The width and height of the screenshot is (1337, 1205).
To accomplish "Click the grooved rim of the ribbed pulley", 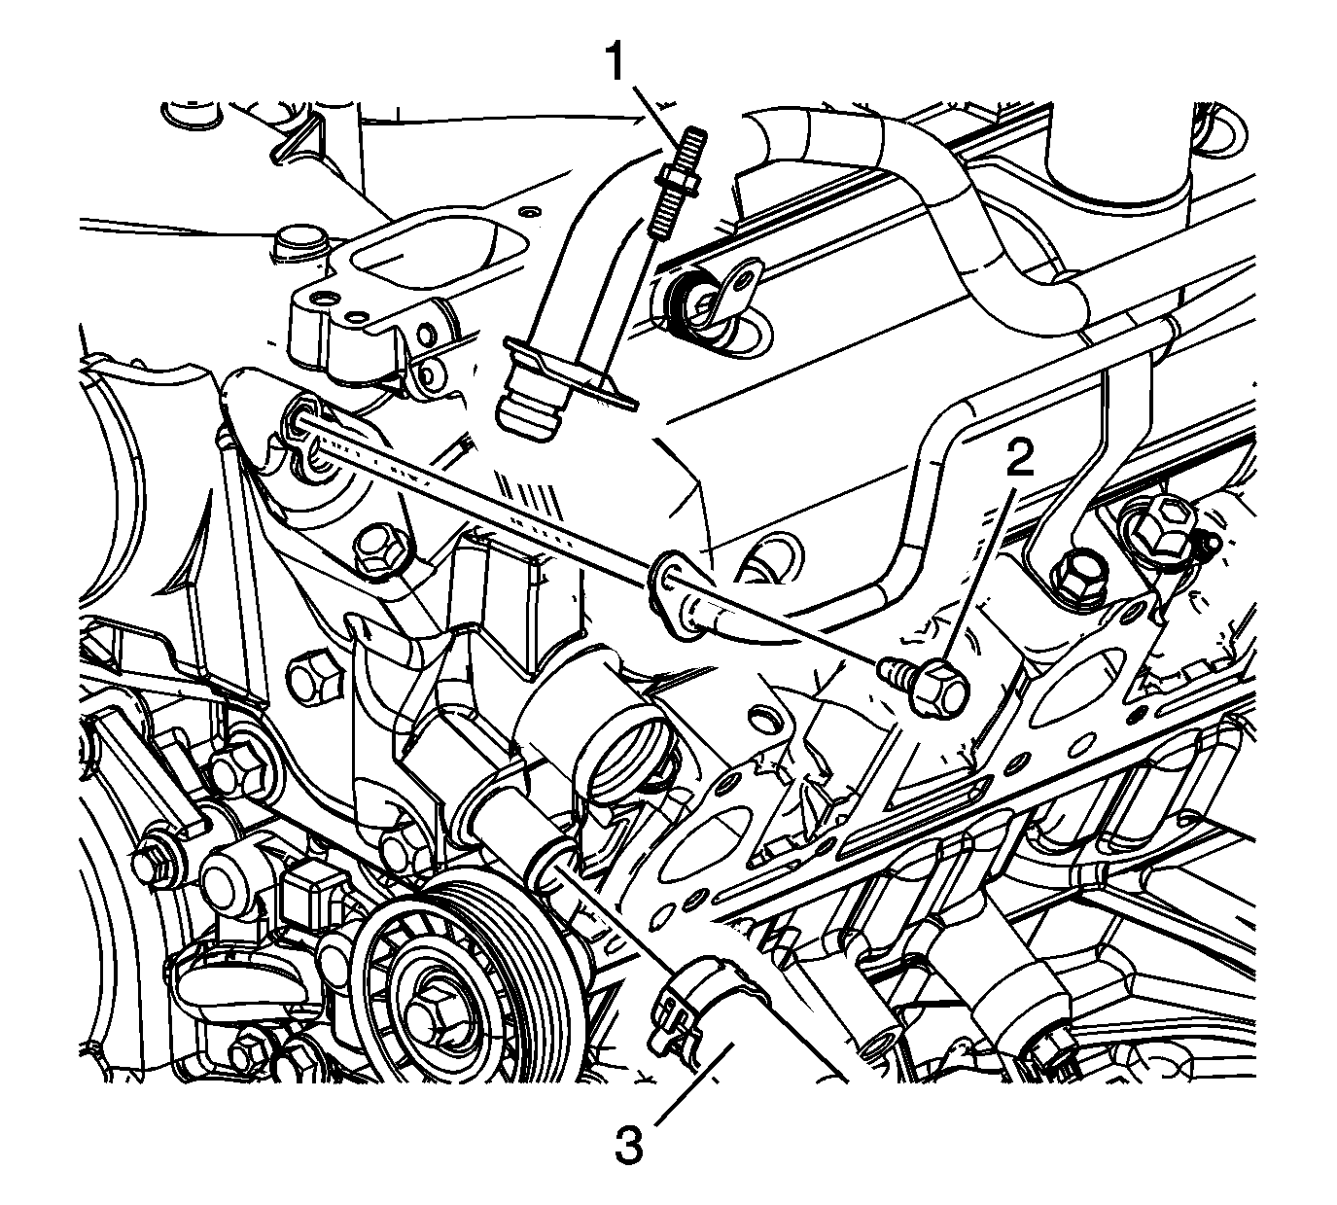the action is tap(533, 1001).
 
